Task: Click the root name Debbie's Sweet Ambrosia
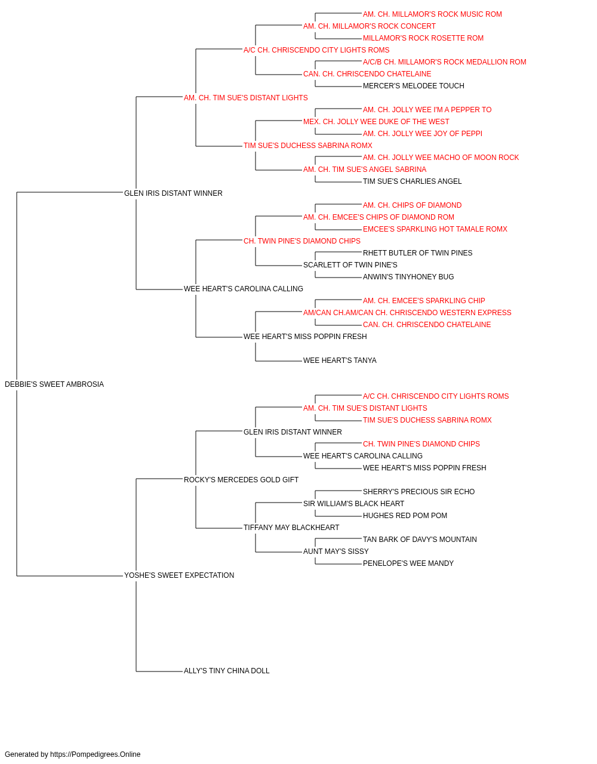[x=54, y=384]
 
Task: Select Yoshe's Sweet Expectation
[x=179, y=575]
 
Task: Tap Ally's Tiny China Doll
[x=226, y=671]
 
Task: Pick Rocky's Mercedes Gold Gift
[x=241, y=479]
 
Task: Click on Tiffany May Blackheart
[x=291, y=528]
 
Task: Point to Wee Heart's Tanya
[x=340, y=361]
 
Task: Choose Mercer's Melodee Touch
[x=414, y=86]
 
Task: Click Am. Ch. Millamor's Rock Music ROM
[x=432, y=14]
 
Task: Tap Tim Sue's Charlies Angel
[x=412, y=181]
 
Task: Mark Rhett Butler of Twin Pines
[x=417, y=253]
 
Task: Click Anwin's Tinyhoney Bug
[x=408, y=277]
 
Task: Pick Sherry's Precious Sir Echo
[x=418, y=491]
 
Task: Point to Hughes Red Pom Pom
[x=405, y=516]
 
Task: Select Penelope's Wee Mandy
[x=408, y=563]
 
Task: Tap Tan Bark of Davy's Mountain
[x=420, y=540]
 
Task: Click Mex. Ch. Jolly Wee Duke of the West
[x=376, y=122]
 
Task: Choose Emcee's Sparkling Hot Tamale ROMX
[x=435, y=229]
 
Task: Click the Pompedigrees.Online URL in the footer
[x=95, y=754]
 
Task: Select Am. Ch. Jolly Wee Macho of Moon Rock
[x=441, y=158]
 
